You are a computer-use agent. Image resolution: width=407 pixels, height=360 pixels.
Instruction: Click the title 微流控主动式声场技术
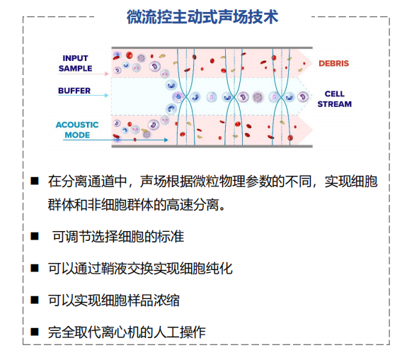[202, 17]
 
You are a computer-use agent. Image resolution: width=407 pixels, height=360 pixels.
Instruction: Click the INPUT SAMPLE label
[75, 63]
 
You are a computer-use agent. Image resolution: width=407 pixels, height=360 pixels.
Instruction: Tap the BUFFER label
[74, 91]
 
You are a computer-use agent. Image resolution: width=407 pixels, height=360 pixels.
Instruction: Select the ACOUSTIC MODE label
[77, 130]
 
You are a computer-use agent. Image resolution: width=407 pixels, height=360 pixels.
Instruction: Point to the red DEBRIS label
[333, 63]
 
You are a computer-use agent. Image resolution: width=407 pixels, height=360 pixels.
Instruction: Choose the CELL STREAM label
[335, 99]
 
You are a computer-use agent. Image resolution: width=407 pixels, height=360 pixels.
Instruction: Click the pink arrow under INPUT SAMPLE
[84, 74]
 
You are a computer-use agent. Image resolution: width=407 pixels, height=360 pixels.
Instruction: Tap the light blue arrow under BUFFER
[84, 96]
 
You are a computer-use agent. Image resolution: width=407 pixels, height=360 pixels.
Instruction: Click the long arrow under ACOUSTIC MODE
[116, 140]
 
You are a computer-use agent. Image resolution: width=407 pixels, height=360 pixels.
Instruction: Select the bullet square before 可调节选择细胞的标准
[35, 237]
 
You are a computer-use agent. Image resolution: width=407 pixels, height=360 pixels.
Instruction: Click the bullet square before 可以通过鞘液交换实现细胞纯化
[35, 269]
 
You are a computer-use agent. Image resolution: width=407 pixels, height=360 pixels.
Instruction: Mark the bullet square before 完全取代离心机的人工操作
[35, 332]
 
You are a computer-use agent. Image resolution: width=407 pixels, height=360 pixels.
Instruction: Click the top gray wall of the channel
[212, 48]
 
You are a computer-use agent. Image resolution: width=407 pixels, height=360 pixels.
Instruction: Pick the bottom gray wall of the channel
[212, 147]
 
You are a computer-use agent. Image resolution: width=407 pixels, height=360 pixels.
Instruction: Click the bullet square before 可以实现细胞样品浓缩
[35, 300]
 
